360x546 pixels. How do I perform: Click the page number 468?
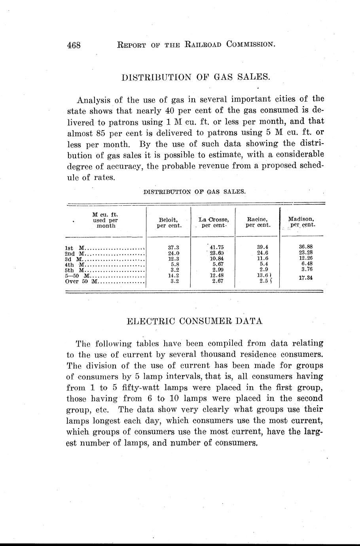(x=74, y=45)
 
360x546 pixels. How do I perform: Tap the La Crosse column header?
(x=214, y=222)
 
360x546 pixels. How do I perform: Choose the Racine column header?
(x=258, y=222)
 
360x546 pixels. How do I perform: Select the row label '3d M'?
(x=73, y=259)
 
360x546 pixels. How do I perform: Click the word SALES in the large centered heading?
(x=253, y=77)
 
